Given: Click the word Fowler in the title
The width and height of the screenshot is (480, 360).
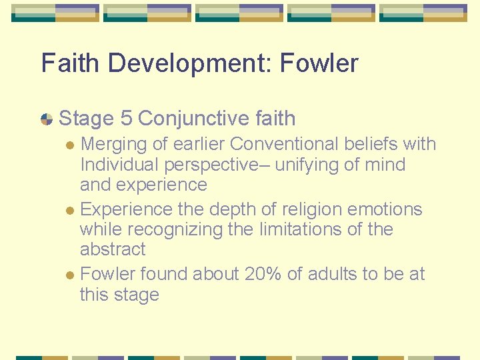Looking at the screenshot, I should point(319,63).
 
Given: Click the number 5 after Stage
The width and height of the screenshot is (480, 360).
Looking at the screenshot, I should point(126,119).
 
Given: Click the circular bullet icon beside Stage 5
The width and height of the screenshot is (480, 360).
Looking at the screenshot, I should point(47,119).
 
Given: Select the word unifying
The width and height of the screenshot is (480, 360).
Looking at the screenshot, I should point(306,164).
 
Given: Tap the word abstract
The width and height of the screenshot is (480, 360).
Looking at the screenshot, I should point(113,249).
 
